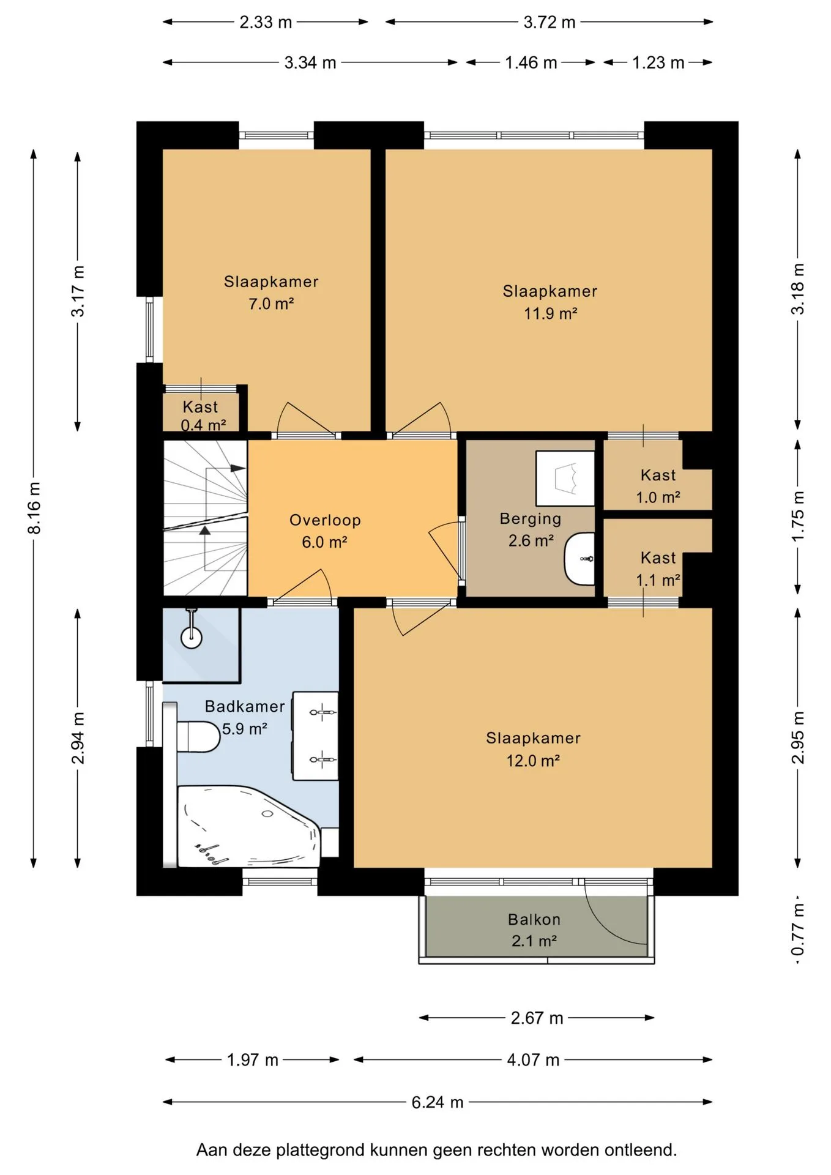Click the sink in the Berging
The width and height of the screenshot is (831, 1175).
tap(579, 559)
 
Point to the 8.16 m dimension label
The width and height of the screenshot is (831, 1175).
tap(34, 507)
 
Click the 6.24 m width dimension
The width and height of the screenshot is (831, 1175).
tap(438, 1102)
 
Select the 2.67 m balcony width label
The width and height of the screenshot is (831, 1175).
tap(537, 1018)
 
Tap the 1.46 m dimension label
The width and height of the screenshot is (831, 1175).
tap(531, 62)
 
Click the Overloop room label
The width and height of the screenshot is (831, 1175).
tap(325, 520)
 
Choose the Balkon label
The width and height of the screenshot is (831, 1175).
tap(534, 919)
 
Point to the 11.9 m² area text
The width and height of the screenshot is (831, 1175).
tap(551, 313)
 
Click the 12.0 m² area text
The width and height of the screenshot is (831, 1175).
tap(533, 760)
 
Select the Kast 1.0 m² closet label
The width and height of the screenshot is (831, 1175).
tap(658, 486)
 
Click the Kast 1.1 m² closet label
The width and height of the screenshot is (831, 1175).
tap(658, 569)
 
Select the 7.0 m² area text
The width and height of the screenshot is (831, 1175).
tap(271, 304)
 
